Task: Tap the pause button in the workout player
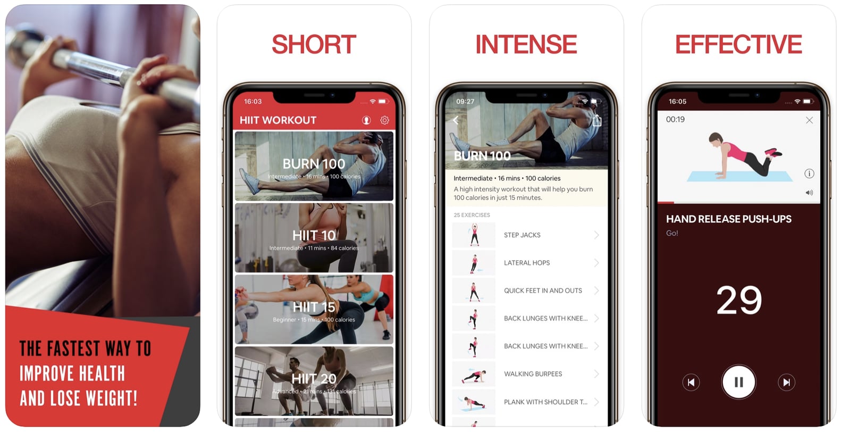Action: point(738,382)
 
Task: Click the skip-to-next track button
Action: point(786,382)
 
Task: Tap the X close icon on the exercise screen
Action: point(809,120)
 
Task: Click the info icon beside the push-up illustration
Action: point(809,173)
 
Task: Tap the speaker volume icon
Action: point(809,193)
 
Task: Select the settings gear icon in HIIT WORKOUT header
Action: point(384,120)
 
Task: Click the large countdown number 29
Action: point(739,300)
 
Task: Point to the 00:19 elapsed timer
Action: point(675,120)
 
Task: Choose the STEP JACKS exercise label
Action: point(522,235)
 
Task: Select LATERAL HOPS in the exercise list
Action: point(527,263)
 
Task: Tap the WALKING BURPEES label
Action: point(533,374)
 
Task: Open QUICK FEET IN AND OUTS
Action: point(543,290)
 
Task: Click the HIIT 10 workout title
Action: point(314,235)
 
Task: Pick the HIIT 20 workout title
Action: point(314,379)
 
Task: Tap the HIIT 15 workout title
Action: point(314,307)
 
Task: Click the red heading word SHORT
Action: point(314,45)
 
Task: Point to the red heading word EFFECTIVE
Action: point(738,45)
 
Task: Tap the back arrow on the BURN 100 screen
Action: point(456,120)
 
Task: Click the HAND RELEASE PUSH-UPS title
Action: point(728,219)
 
